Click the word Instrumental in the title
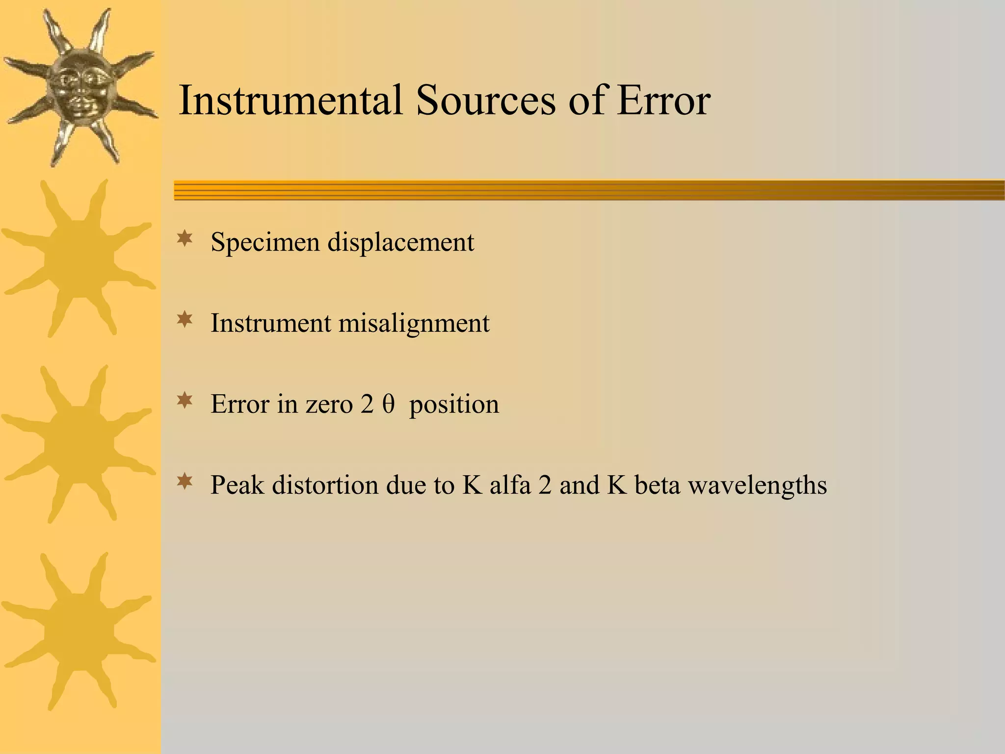(290, 101)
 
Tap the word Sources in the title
(486, 101)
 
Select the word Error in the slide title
(663, 101)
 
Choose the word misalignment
(414, 323)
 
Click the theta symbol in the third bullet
(389, 404)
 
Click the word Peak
(237, 485)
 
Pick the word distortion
(325, 485)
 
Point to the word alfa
(510, 485)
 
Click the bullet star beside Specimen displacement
(185, 239)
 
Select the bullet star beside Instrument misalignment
(185, 321)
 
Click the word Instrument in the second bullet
(271, 323)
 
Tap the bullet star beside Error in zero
(185, 401)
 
